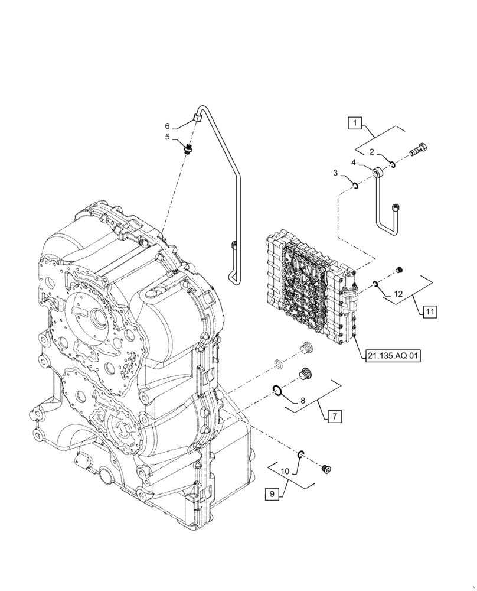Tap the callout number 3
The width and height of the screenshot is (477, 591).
335,173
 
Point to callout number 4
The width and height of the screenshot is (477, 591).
354,162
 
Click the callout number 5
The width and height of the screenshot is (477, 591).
168,137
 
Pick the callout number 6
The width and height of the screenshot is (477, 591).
168,126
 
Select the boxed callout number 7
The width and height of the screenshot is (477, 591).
334,417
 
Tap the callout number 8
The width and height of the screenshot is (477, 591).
302,400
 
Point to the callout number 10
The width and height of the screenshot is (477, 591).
285,472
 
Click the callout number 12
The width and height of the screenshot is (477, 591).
398,294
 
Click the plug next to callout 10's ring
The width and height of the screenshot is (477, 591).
325,469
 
